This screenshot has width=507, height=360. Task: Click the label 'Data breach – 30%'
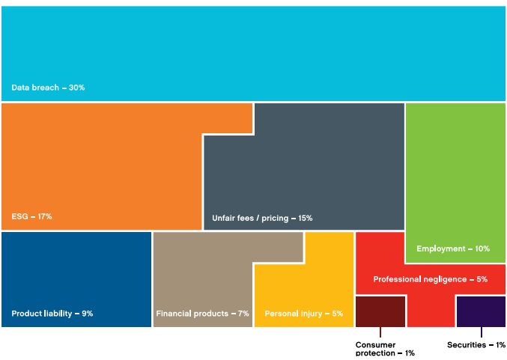pyautogui.click(x=48, y=88)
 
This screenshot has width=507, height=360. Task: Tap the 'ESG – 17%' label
pyautogui.click(x=31, y=216)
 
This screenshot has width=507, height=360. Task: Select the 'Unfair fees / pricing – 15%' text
pyautogui.click(x=262, y=218)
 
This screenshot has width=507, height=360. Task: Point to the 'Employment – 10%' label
pyautogui.click(x=452, y=248)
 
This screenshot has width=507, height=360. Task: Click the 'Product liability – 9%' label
pyautogui.click(x=52, y=314)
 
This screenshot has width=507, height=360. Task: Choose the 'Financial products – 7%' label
pyautogui.click(x=202, y=314)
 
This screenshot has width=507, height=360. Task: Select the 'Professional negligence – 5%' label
pyautogui.click(x=430, y=279)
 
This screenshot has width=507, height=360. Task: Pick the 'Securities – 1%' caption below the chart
pyautogui.click(x=476, y=345)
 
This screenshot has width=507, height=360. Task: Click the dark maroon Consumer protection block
pyautogui.click(x=380, y=311)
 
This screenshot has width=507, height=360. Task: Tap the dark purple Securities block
pyautogui.click(x=480, y=311)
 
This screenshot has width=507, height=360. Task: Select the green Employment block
pyautogui.click(x=455, y=180)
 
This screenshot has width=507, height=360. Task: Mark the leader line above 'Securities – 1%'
pyautogui.click(x=481, y=333)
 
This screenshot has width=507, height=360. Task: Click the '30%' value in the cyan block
pyautogui.click(x=77, y=88)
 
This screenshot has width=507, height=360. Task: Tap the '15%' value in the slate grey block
pyautogui.click(x=305, y=218)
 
